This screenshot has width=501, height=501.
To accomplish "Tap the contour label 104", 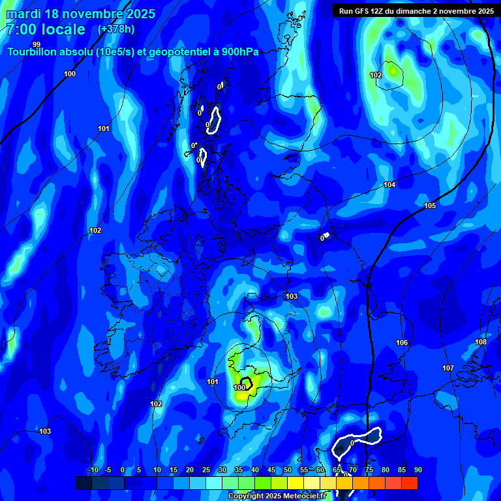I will tap(389, 185).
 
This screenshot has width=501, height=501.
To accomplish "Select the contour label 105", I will tap(429, 206).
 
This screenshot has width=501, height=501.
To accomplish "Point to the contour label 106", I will tap(402, 343).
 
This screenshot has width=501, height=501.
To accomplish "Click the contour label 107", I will tap(448, 369).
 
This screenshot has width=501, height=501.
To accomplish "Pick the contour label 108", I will tap(481, 342).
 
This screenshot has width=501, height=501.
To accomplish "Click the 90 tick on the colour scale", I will tap(417, 470).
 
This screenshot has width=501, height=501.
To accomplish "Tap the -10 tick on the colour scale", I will tap(93, 470).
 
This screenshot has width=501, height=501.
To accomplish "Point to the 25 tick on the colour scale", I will tap(206, 470).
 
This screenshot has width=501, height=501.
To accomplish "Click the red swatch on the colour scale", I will tap(410, 483).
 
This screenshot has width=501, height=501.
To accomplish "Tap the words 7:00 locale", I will tap(46, 29).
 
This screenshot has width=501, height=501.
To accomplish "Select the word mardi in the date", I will tap(23, 14).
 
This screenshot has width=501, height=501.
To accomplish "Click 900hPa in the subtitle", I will tap(237, 52).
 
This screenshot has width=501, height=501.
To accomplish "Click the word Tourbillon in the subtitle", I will tap(30, 52).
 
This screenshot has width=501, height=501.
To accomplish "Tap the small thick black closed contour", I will tap(246, 383).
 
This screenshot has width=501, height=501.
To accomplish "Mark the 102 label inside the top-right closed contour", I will tap(376, 76).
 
